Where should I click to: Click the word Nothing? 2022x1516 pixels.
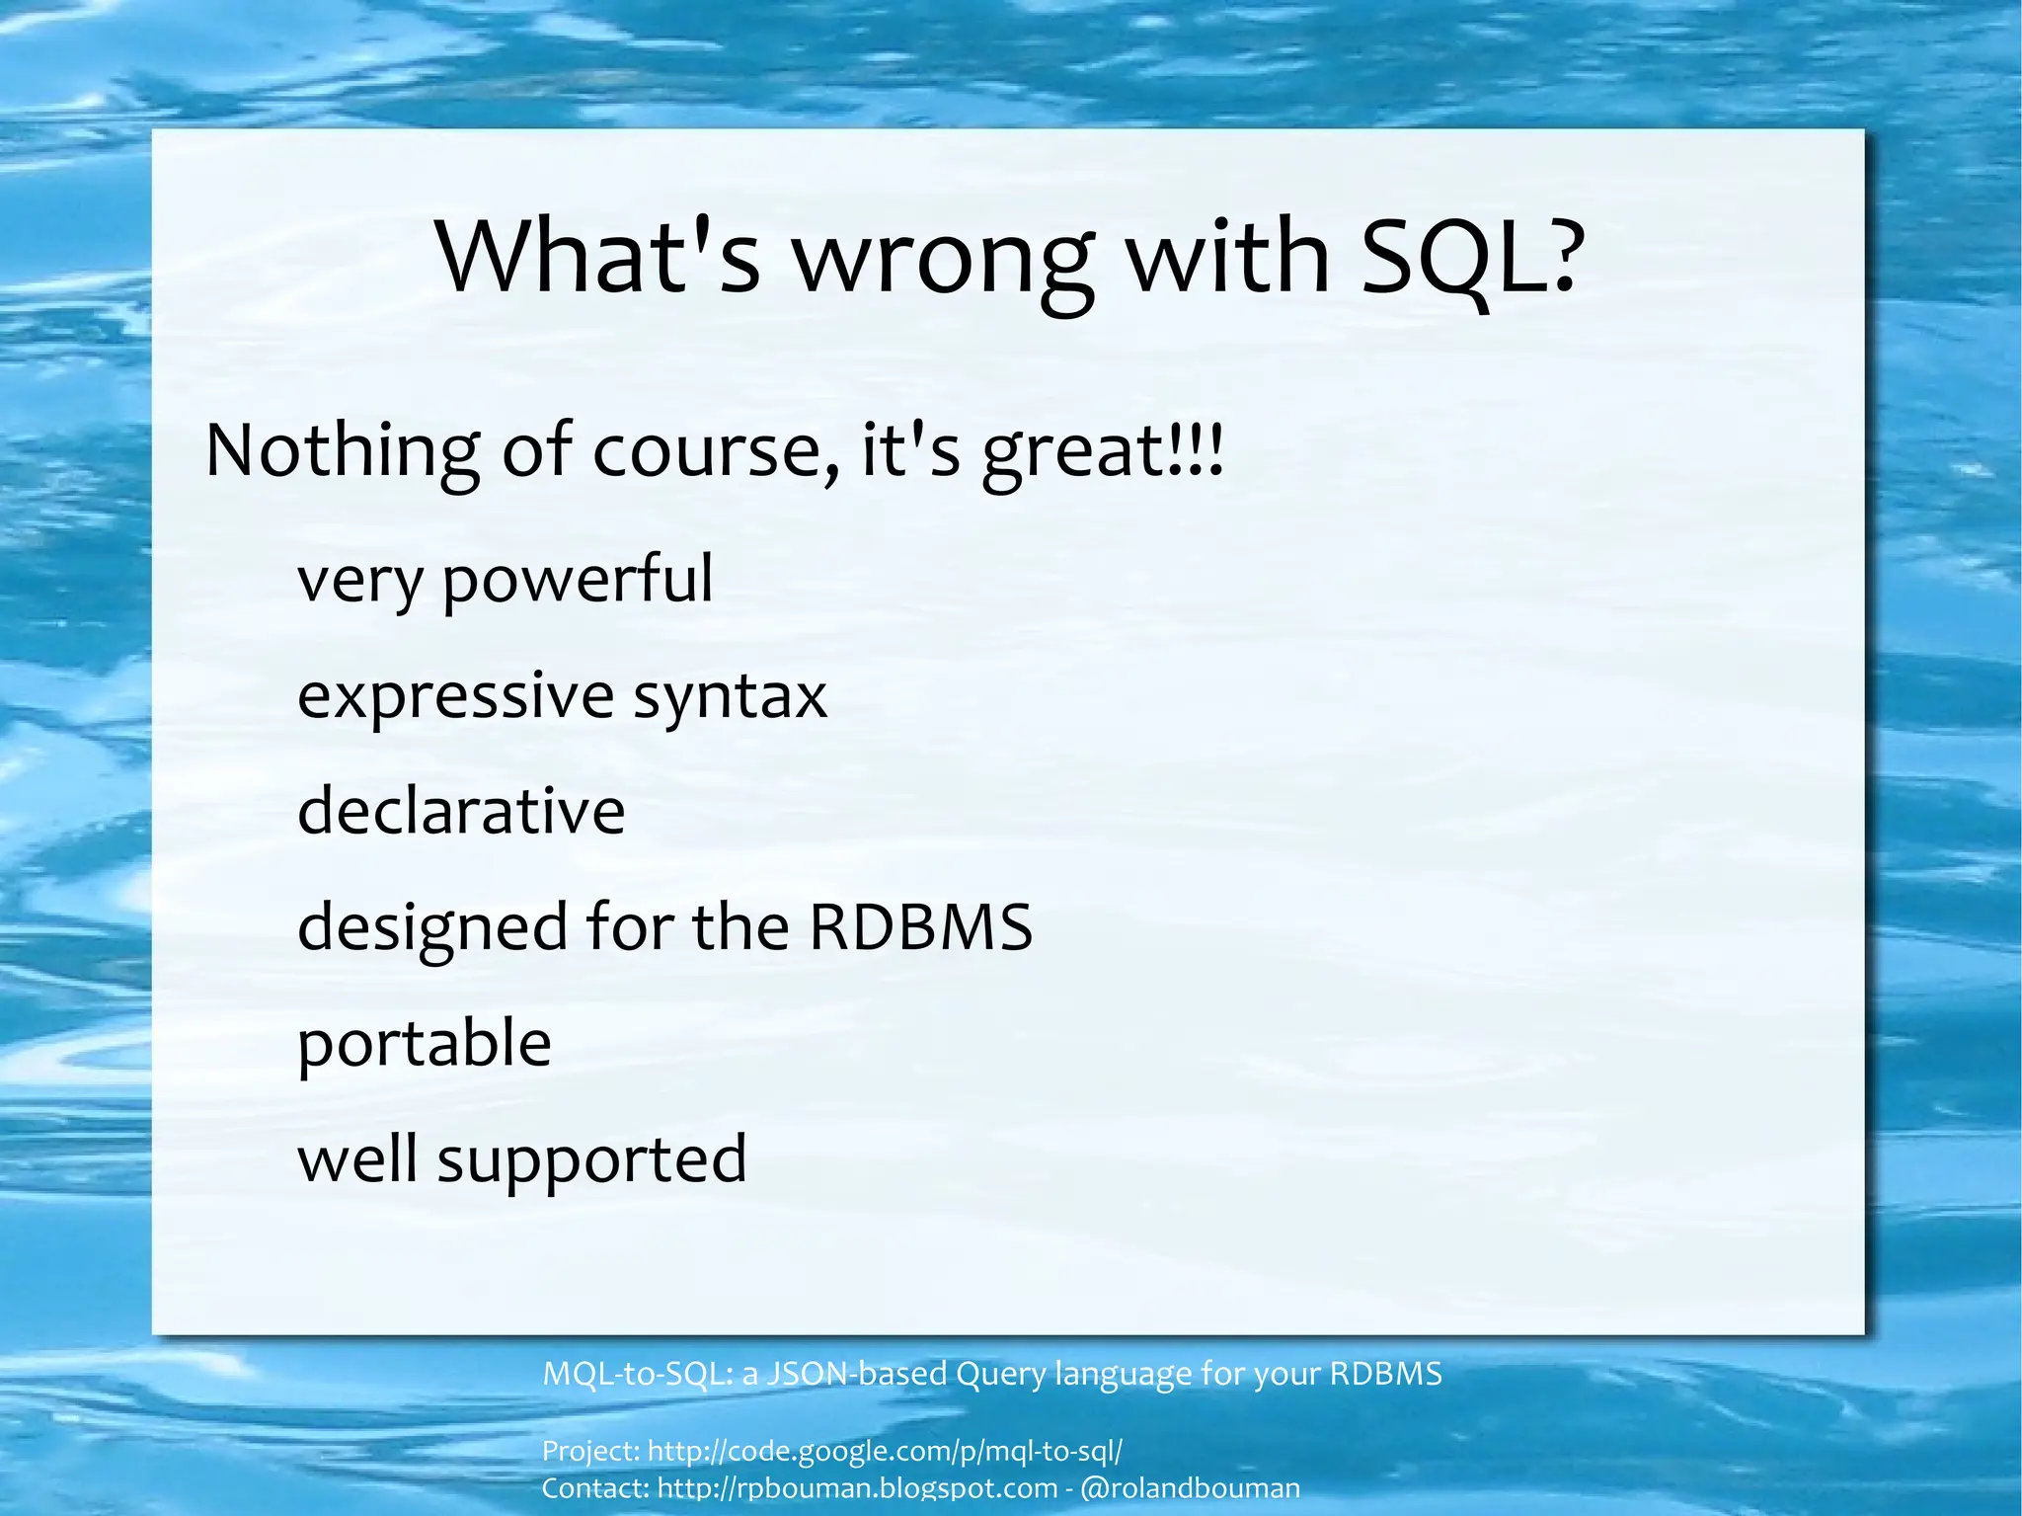(342, 450)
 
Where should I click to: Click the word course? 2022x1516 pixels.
(716, 450)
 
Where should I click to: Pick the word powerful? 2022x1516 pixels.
(577, 580)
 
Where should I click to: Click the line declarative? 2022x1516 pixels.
(461, 811)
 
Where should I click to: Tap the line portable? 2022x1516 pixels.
(425, 1044)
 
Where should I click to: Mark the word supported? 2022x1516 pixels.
(591, 1160)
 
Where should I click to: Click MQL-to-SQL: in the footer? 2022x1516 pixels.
(638, 1374)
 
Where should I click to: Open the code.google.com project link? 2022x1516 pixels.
(885, 1451)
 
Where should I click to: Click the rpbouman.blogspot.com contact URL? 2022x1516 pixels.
(857, 1487)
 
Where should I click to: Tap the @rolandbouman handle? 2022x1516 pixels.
(1191, 1487)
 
